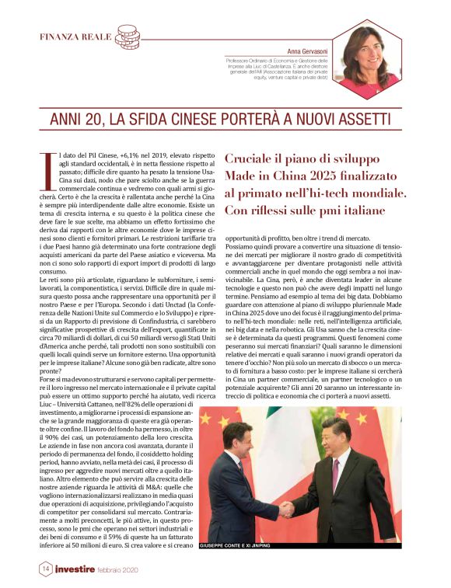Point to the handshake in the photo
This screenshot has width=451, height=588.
(287, 509)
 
